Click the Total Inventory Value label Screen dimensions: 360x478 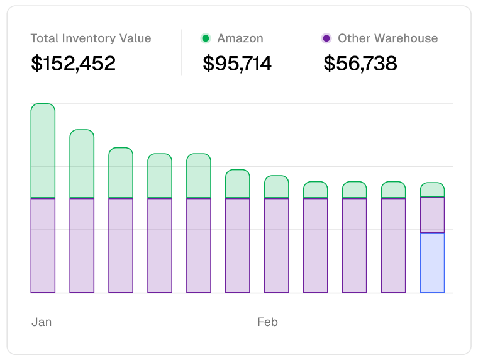(91, 38)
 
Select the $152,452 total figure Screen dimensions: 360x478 (73, 63)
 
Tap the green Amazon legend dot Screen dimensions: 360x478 (205, 38)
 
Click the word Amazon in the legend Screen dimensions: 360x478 (240, 38)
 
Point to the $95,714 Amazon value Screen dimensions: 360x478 (237, 63)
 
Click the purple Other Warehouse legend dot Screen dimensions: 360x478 (326, 38)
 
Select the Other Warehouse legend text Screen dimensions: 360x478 (387, 38)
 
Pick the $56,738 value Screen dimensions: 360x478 (360, 63)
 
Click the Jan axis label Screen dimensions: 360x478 (42, 322)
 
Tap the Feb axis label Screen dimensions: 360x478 (267, 322)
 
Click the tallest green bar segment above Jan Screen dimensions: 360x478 (43, 150)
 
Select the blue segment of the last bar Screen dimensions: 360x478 (432, 263)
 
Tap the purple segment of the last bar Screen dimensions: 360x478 (432, 215)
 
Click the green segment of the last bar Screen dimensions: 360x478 (432, 189)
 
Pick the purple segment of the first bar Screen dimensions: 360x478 (43, 245)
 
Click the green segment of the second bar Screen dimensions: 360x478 (82, 164)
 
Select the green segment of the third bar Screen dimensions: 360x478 (121, 172)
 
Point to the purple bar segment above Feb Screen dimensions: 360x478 (276, 245)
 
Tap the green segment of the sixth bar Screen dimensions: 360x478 (238, 184)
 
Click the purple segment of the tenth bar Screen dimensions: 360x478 (393, 245)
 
